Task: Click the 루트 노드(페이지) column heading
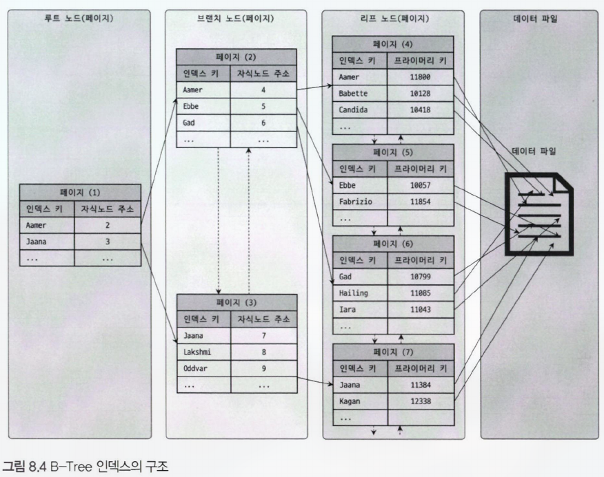point(79,19)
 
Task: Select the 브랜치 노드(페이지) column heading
point(236,19)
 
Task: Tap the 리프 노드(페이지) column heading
point(394,19)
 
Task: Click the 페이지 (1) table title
point(79,192)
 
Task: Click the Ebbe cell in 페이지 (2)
point(202,107)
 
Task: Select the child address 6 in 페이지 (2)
point(263,123)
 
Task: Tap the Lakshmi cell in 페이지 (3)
point(203,351)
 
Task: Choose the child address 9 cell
point(263,368)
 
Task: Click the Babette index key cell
point(359,93)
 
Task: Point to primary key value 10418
point(420,109)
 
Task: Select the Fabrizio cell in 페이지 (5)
point(359,201)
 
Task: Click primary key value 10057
point(420,185)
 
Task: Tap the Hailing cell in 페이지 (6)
point(359,293)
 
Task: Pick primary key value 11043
point(420,310)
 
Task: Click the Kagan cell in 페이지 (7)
point(359,401)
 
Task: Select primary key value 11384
point(420,384)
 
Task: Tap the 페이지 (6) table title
point(393,244)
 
